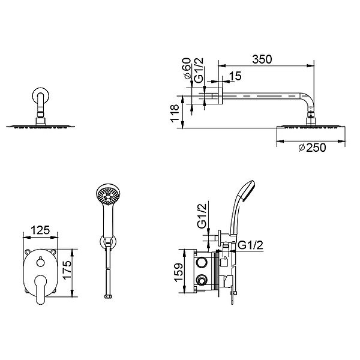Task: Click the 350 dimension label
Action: [262, 59]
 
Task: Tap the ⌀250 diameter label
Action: [312, 148]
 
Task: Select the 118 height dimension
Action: [175, 113]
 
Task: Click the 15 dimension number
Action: [235, 76]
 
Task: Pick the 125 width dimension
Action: [40, 230]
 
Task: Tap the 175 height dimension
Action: [67, 270]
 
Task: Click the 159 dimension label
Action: [178, 272]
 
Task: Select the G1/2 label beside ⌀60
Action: [199, 70]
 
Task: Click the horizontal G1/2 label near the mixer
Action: [250, 245]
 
